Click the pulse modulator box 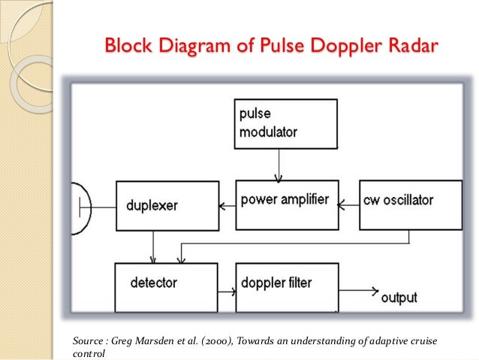(285, 124)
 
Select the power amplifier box (287, 205)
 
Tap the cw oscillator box (411, 205)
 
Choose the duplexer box (167, 206)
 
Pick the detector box (166, 288)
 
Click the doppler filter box (287, 288)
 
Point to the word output (399, 298)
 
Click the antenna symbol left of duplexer (81, 209)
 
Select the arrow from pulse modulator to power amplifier (279, 166)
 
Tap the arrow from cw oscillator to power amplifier (349, 205)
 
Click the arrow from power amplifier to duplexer (227, 206)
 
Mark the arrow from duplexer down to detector (153, 247)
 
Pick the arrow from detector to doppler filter (227, 292)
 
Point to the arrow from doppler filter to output (359, 291)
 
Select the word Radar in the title (414, 46)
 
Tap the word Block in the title (128, 46)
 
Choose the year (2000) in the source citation (217, 340)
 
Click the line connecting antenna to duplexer (104, 207)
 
